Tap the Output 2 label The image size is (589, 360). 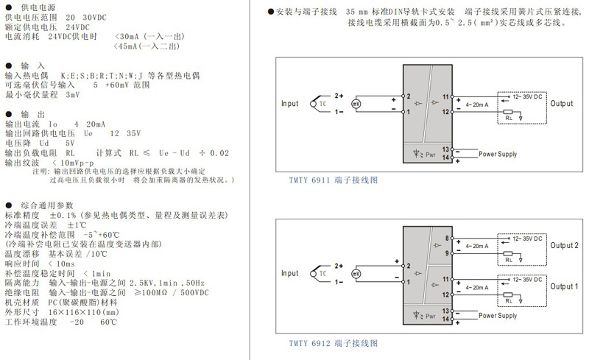(x=565, y=245)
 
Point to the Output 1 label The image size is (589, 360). (x=565, y=286)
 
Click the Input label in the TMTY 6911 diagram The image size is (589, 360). (x=290, y=104)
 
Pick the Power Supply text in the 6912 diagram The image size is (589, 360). (x=498, y=315)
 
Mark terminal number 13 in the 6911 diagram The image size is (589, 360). (x=445, y=149)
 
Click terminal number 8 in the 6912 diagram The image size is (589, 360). (x=446, y=237)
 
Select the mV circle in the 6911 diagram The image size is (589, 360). (x=357, y=105)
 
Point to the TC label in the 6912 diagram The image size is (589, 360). (x=323, y=272)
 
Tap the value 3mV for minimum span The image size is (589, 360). (x=72, y=95)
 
